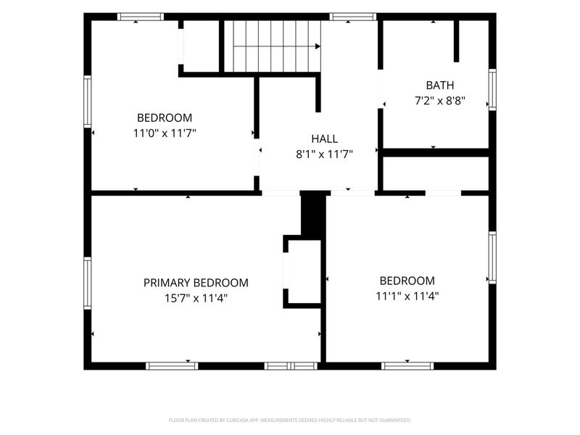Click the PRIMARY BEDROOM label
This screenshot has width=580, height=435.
(x=196, y=283)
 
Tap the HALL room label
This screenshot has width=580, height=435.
(x=324, y=138)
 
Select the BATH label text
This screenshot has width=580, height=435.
(x=440, y=86)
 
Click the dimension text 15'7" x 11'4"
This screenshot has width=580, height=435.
(x=196, y=298)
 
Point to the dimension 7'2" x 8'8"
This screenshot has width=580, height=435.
(x=440, y=101)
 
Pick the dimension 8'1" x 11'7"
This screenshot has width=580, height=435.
(x=324, y=154)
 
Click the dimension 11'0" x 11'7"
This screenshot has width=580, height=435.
(x=165, y=133)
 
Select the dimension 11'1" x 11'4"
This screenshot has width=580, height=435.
(x=407, y=296)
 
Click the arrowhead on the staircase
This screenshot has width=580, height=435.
(x=318, y=46)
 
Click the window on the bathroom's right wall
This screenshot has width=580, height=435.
(x=492, y=89)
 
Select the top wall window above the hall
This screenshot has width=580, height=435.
(x=353, y=17)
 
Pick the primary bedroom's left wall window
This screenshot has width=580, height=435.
(x=87, y=283)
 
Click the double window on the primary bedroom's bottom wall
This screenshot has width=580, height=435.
(x=291, y=366)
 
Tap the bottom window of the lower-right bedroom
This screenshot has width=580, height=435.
(x=407, y=366)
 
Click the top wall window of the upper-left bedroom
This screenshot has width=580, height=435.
(x=141, y=17)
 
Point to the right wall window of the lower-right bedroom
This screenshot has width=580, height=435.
(x=492, y=257)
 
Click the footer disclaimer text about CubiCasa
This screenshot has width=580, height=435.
(x=289, y=420)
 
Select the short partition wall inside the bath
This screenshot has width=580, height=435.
(x=457, y=41)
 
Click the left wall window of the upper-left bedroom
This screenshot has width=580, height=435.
(x=87, y=101)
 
